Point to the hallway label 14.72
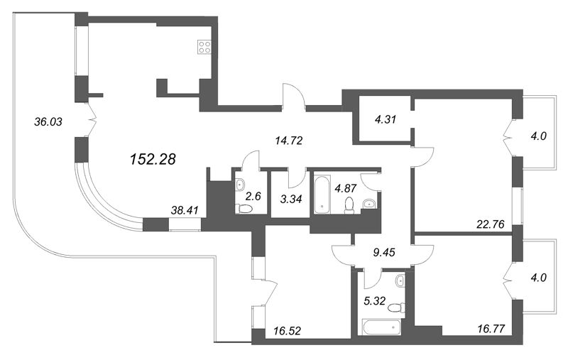[288, 141]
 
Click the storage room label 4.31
[385, 119]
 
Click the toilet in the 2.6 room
[243, 209]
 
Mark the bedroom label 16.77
[491, 329]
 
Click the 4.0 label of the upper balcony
[539, 138]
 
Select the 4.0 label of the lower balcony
[539, 278]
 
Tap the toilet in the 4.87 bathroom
[349, 204]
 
